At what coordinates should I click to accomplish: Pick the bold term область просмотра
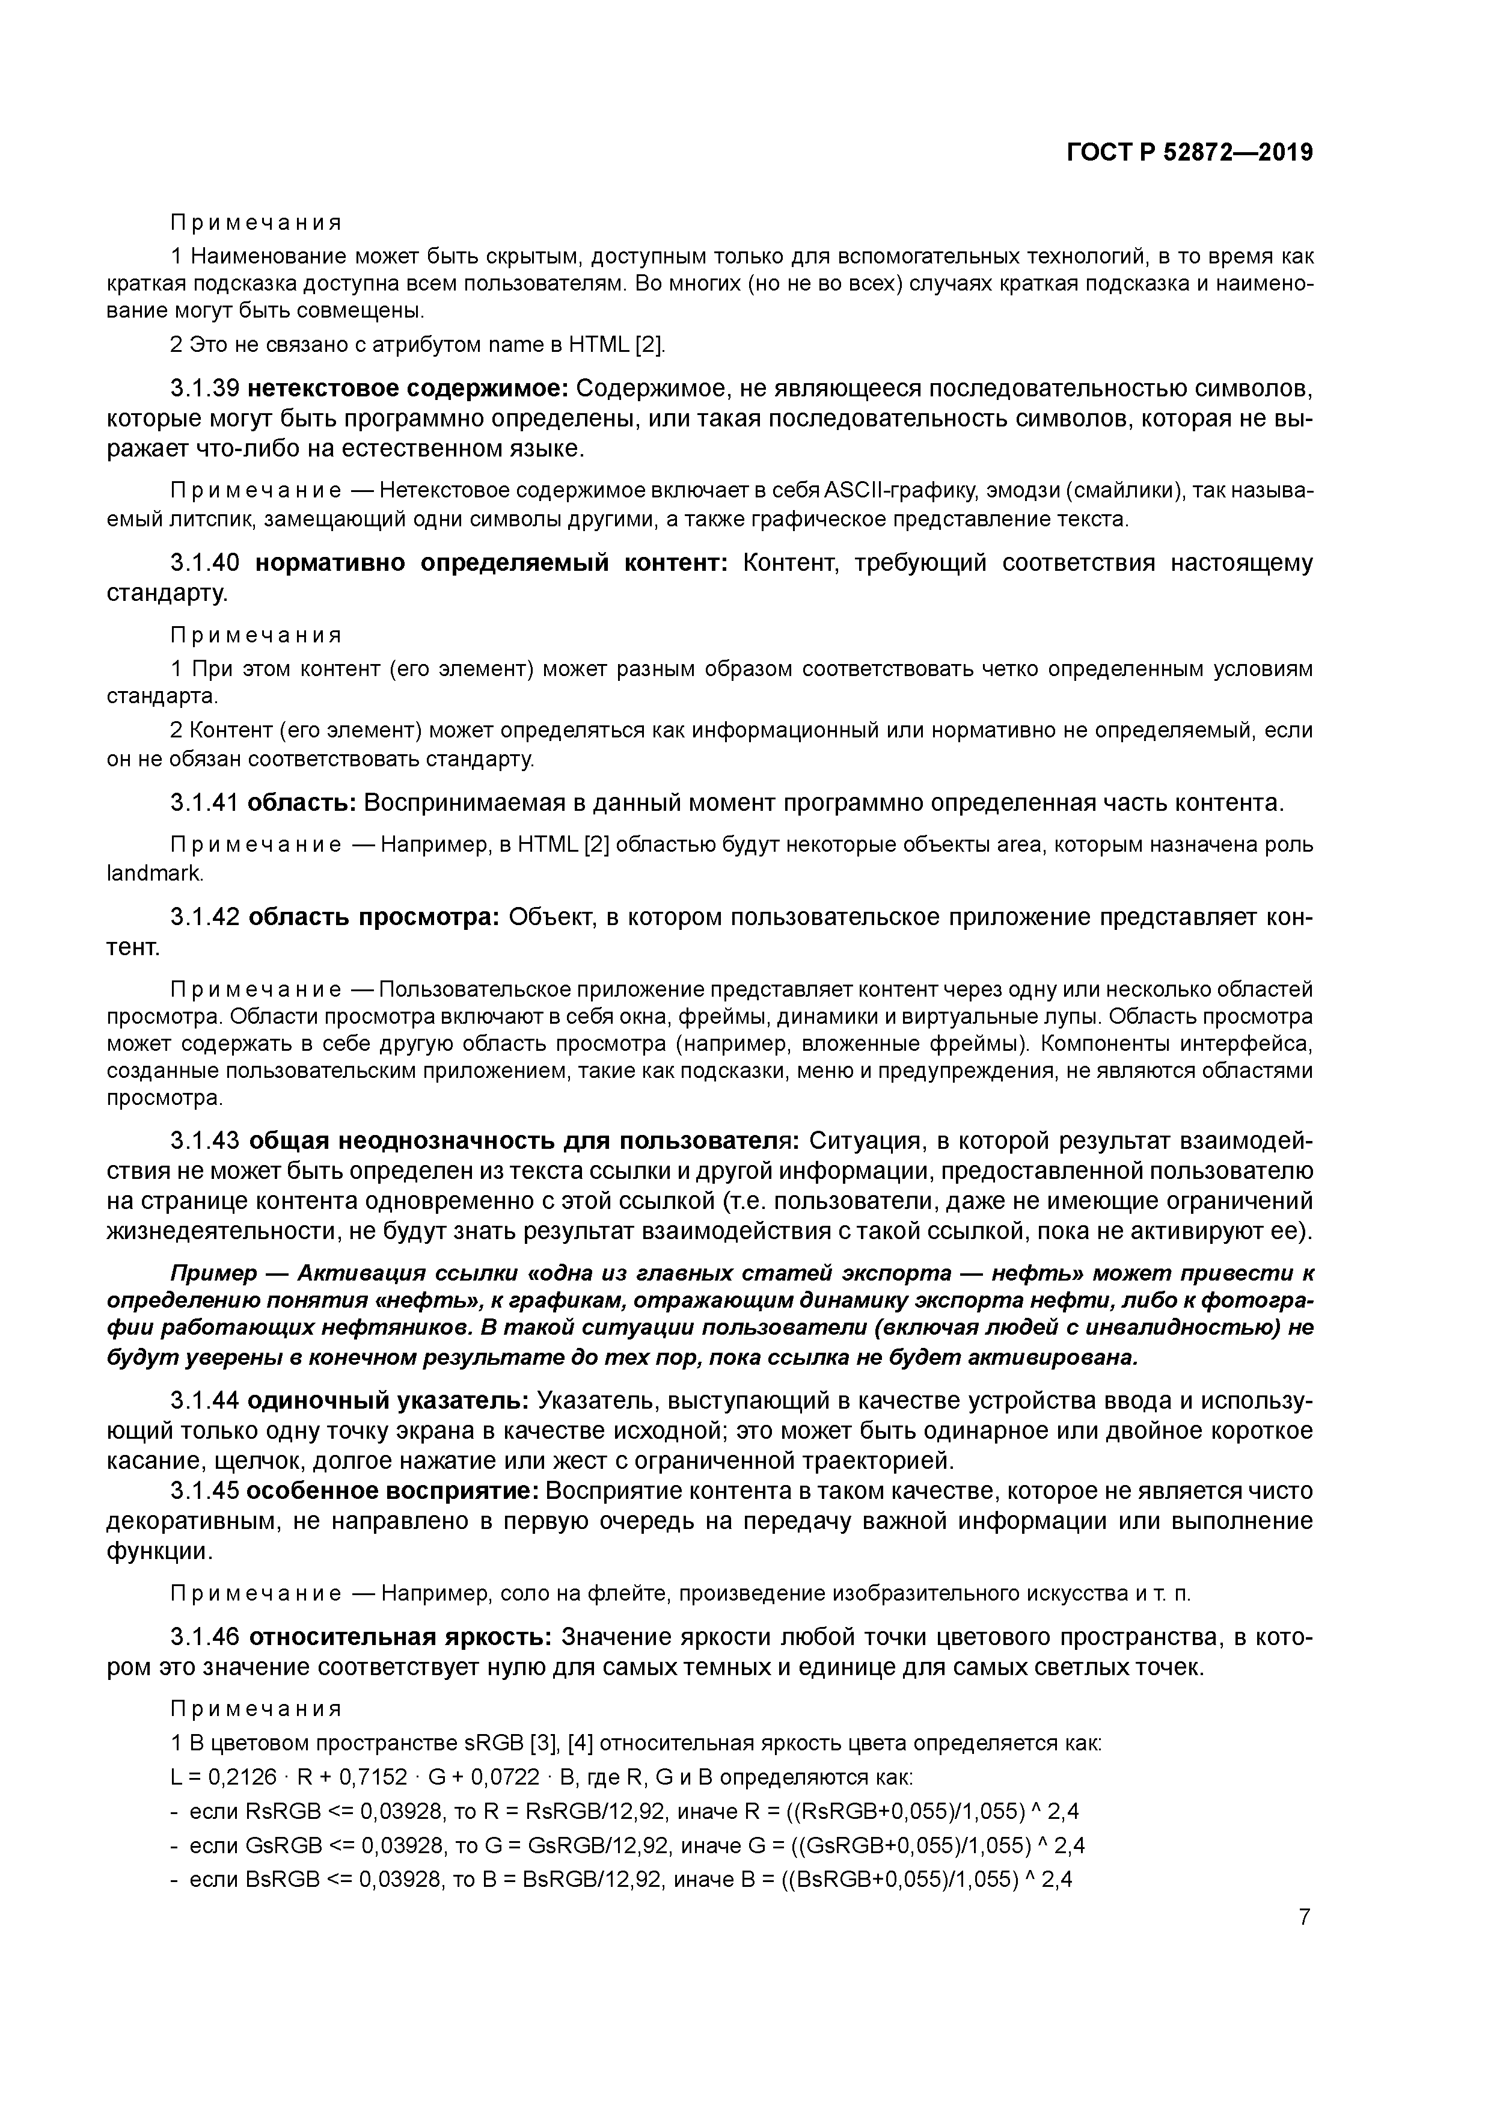click(373, 917)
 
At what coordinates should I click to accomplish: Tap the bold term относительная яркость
click(400, 1638)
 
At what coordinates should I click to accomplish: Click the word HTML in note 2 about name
click(599, 345)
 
